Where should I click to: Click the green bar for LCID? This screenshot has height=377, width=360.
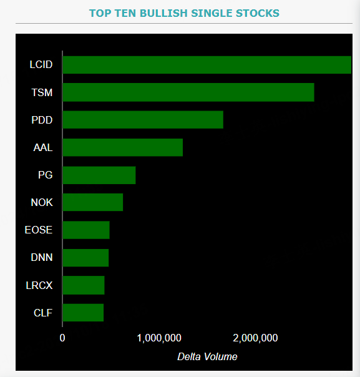pyautogui.click(x=207, y=65)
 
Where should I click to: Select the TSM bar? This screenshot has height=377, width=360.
pyautogui.click(x=188, y=92)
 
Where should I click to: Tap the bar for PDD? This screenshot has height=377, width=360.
pyautogui.click(x=142, y=120)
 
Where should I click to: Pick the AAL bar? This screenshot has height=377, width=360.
pyautogui.click(x=122, y=147)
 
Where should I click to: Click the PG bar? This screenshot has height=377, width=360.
pyautogui.click(x=99, y=175)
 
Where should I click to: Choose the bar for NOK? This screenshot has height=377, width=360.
pyautogui.click(x=92, y=202)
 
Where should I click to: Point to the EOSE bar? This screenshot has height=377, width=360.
pyautogui.click(x=85, y=230)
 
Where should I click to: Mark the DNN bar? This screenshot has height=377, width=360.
pyautogui.click(x=85, y=257)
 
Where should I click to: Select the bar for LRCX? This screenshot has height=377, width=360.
pyautogui.click(x=83, y=285)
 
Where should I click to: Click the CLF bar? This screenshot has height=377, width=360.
pyautogui.click(x=82, y=312)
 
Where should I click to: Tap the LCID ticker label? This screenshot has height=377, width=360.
pyautogui.click(x=41, y=65)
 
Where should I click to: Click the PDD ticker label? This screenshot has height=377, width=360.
pyautogui.click(x=42, y=120)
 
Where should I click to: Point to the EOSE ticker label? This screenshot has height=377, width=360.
pyautogui.click(x=39, y=230)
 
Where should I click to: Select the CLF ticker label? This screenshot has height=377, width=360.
pyautogui.click(x=43, y=313)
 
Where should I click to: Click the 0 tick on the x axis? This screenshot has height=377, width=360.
pyautogui.click(x=62, y=338)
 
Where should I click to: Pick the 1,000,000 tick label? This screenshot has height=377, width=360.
pyautogui.click(x=158, y=338)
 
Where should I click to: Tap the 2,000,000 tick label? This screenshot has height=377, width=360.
pyautogui.click(x=255, y=338)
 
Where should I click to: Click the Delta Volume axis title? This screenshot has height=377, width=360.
pyautogui.click(x=207, y=356)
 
